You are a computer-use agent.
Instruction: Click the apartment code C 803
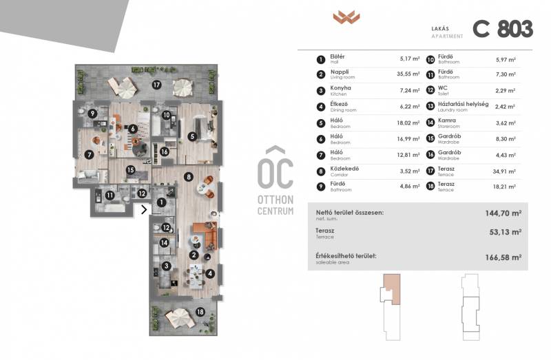point(503,29)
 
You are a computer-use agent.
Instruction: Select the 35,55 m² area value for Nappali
point(408,74)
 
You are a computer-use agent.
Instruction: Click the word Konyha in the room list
point(340,88)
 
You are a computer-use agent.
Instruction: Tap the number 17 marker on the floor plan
point(156,85)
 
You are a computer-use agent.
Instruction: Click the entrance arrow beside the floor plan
point(144,210)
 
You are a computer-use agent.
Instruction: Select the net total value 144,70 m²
point(503,213)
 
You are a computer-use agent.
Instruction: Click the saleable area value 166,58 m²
point(503,257)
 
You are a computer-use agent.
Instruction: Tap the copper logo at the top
point(346,17)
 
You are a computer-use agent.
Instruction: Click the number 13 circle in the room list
point(430,107)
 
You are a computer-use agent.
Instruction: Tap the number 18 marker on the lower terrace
point(200,312)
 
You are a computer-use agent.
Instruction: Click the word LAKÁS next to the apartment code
point(440,29)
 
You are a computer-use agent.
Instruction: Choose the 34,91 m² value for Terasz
point(504,172)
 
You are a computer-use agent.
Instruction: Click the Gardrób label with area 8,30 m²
point(450,136)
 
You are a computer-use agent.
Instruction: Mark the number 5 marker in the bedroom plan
point(192,136)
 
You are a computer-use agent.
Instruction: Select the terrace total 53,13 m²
point(506,232)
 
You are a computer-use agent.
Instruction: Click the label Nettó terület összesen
point(350,213)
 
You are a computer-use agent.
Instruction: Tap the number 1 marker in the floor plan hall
point(161,202)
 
